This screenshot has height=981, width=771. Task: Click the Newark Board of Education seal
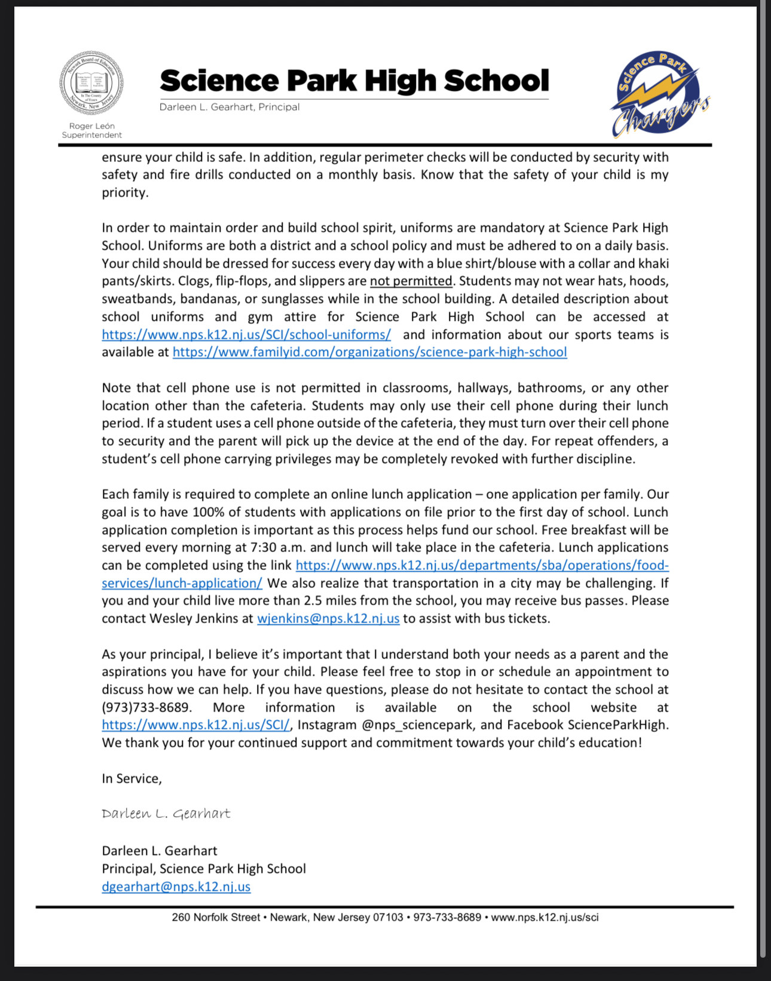pyautogui.click(x=91, y=83)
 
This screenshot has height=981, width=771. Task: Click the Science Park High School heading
pyautogui.click(x=354, y=81)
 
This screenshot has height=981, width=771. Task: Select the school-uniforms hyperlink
pyautogui.click(x=246, y=335)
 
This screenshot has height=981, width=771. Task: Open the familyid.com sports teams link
pyautogui.click(x=369, y=352)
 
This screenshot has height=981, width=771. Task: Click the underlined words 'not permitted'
pyautogui.click(x=411, y=281)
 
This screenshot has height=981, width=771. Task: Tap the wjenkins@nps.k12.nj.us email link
pyautogui.click(x=328, y=618)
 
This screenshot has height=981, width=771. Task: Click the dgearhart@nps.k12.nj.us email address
pyautogui.click(x=176, y=886)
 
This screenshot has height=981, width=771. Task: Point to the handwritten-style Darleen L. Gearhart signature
pyautogui.click(x=166, y=814)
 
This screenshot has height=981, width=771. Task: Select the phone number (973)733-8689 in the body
pyautogui.click(x=146, y=707)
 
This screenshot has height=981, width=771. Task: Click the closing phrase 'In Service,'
pyautogui.click(x=131, y=778)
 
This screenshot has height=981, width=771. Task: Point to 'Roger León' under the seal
pyautogui.click(x=91, y=126)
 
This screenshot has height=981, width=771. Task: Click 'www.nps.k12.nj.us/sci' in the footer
pyautogui.click(x=544, y=917)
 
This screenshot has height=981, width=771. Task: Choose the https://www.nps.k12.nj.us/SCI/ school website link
pyautogui.click(x=195, y=725)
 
